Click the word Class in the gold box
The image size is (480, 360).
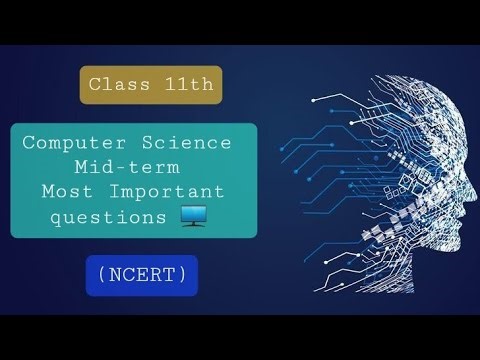[x=116, y=85]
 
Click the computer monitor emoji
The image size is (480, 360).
[x=192, y=213]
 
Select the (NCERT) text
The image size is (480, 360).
[x=141, y=274]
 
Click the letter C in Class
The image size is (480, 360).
[x=93, y=85]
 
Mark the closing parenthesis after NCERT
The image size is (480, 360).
[x=181, y=274]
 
